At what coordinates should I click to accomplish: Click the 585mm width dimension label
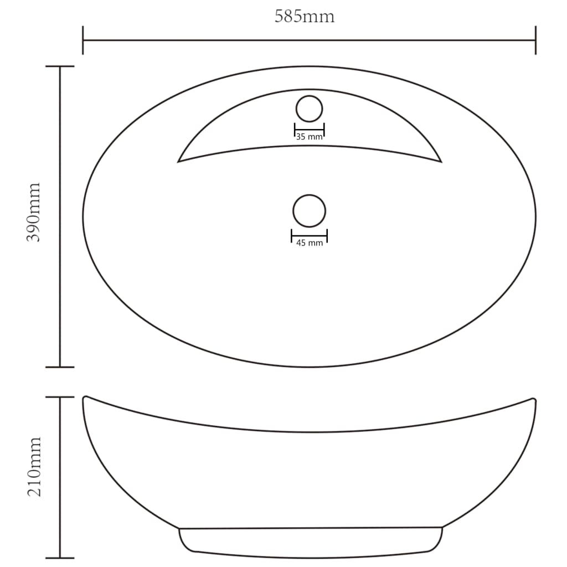[305, 17]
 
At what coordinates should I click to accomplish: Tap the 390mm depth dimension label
[34, 212]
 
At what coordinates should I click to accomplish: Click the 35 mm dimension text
[309, 137]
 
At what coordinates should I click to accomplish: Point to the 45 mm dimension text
[309, 243]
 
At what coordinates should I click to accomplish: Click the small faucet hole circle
[309, 109]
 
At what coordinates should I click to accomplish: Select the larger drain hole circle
[309, 211]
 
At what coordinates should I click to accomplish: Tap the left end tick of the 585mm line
[83, 40]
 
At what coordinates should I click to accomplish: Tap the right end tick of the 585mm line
[535, 40]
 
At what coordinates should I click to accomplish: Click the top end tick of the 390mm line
[60, 66]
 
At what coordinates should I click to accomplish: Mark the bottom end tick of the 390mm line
[60, 367]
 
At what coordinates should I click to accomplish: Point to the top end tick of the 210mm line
[60, 397]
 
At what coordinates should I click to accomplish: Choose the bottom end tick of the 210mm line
[60, 558]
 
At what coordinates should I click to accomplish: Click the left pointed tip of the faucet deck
[179, 161]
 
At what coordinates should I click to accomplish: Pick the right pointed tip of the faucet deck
[440, 161]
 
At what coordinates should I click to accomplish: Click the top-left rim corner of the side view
[85, 397]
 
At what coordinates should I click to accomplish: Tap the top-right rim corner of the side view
[533, 399]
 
